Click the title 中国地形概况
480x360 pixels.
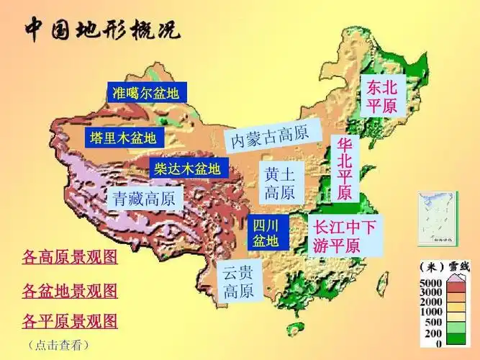(x=103, y=30)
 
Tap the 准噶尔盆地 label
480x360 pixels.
(x=146, y=93)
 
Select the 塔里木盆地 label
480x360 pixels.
(x=123, y=138)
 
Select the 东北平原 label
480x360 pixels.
(x=381, y=97)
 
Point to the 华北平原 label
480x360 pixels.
(x=344, y=169)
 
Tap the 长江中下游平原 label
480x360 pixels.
(x=345, y=235)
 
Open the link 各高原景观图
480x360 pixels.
(x=70, y=256)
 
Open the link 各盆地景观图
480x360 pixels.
(x=70, y=291)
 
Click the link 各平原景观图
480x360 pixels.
(x=70, y=321)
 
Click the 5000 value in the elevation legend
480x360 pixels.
(x=430, y=283)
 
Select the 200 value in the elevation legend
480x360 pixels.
(x=433, y=334)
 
